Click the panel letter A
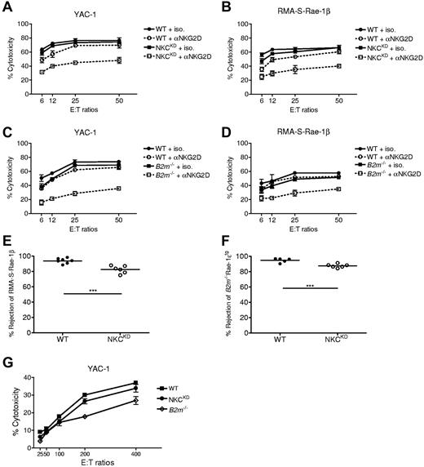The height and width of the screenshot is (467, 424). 6,7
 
